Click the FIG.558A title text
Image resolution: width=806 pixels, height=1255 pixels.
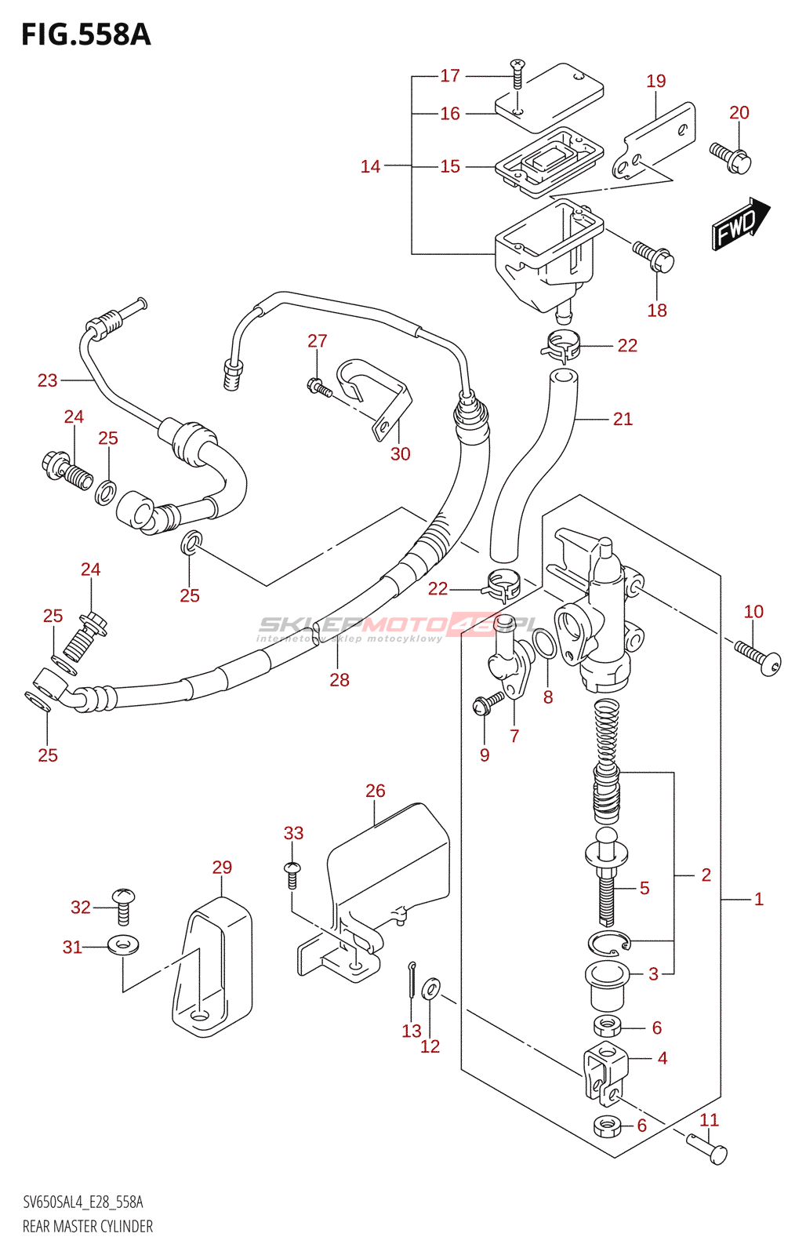(85, 35)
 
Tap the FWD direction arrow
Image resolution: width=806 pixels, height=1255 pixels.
(739, 224)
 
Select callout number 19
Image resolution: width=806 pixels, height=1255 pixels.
(656, 81)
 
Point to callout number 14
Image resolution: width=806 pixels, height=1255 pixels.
(370, 166)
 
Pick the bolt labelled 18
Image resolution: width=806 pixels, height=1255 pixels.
(654, 256)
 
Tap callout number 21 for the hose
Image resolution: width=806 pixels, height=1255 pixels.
(623, 419)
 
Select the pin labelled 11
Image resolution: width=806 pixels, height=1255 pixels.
(707, 1148)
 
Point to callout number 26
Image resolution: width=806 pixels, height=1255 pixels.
(376, 791)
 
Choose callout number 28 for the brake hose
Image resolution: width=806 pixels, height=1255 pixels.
(339, 680)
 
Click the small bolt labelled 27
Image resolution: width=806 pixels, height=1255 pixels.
(316, 385)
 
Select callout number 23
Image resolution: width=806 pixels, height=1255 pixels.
(48, 380)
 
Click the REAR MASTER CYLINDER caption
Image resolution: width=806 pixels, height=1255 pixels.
(88, 1226)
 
